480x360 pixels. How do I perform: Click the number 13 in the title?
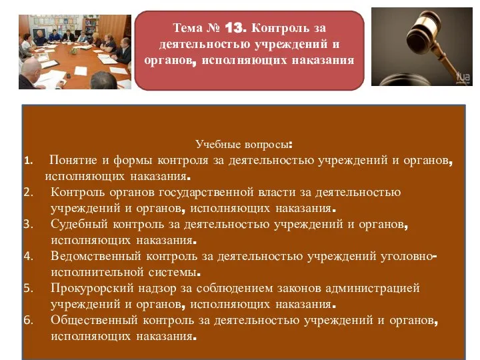click(235, 28)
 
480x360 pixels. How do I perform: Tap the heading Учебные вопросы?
click(244, 144)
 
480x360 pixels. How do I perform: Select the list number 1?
click(29, 161)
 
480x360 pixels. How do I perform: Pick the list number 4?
click(29, 256)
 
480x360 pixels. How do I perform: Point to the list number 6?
click(29, 320)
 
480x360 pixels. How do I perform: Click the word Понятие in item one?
click(73, 160)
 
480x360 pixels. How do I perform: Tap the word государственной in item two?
click(206, 192)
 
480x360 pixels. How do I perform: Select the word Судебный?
click(79, 224)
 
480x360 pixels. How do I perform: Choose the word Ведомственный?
click(96, 256)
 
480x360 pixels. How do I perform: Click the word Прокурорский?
click(92, 289)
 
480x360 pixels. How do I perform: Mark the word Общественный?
click(94, 320)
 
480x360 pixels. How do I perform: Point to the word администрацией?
click(372, 289)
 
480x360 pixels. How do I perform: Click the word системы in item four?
click(175, 272)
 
